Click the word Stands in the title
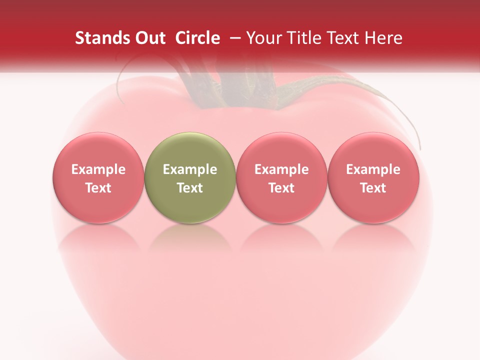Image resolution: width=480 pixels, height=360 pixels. (x=100, y=38)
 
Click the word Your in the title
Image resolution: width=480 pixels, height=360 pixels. (x=261, y=38)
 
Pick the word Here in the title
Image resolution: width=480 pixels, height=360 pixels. (x=385, y=38)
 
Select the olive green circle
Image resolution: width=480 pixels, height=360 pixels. (x=190, y=177)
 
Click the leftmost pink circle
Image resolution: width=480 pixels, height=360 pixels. (x=98, y=177)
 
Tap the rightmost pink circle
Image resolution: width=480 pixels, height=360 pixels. (x=373, y=177)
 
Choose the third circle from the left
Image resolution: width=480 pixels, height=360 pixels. (x=281, y=177)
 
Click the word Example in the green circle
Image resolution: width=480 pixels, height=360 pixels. (x=190, y=169)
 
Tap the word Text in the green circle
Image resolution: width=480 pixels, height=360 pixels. (x=190, y=188)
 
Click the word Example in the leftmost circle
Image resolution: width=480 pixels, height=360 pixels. (x=98, y=169)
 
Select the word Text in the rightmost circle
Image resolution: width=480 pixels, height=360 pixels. (x=373, y=188)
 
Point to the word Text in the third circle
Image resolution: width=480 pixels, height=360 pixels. (x=281, y=188)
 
